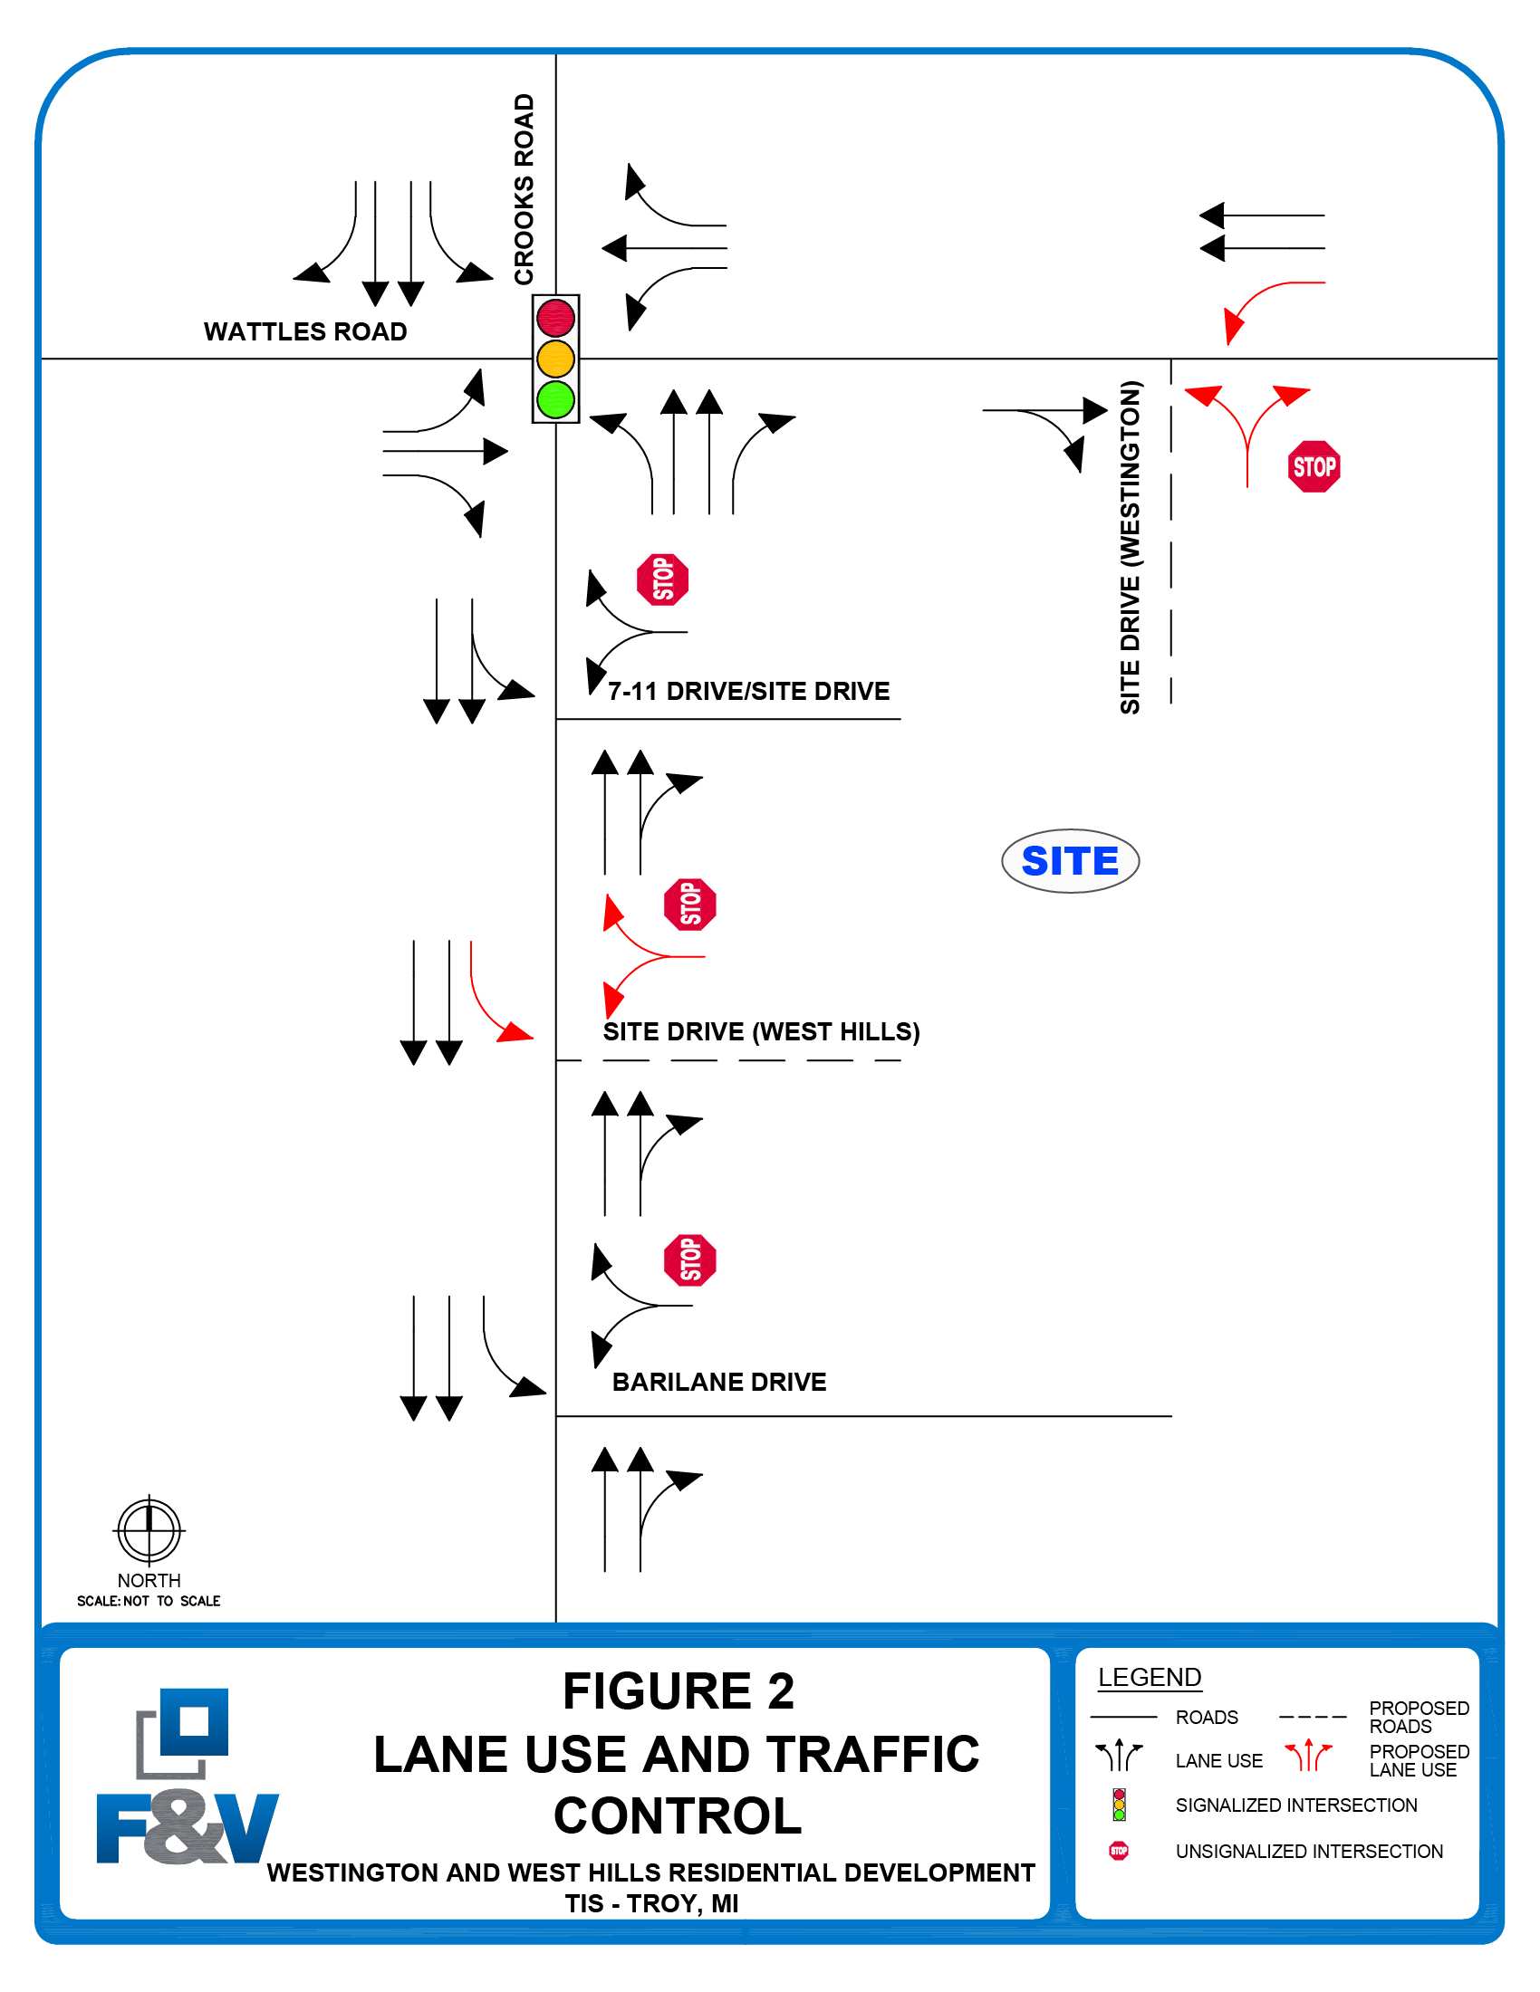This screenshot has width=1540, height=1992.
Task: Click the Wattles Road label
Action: click(304, 331)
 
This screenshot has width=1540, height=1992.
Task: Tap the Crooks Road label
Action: click(524, 189)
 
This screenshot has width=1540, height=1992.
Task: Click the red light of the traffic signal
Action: click(555, 319)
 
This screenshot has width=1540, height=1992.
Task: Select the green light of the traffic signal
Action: click(555, 399)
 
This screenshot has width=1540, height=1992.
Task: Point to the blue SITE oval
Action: click(1069, 861)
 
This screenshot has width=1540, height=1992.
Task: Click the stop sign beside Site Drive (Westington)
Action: click(1314, 466)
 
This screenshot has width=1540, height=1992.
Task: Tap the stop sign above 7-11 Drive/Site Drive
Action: click(662, 579)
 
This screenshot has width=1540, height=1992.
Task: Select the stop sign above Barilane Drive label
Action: click(689, 1260)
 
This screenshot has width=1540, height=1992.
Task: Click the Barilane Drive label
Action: click(719, 1382)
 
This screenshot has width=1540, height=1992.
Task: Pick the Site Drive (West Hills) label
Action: click(761, 1031)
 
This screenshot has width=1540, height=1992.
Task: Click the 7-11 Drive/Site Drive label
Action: click(748, 692)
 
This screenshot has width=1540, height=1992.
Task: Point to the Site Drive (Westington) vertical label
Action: click(1131, 547)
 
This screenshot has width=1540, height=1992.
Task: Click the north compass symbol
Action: click(149, 1529)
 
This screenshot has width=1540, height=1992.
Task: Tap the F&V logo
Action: click(187, 1778)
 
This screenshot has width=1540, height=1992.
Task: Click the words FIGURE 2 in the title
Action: click(678, 1691)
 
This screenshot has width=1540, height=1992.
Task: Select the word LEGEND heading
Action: click(1149, 1677)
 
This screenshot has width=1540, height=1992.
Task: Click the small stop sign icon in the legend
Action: click(1119, 1851)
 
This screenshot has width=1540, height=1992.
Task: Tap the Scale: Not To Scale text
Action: click(149, 1601)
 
